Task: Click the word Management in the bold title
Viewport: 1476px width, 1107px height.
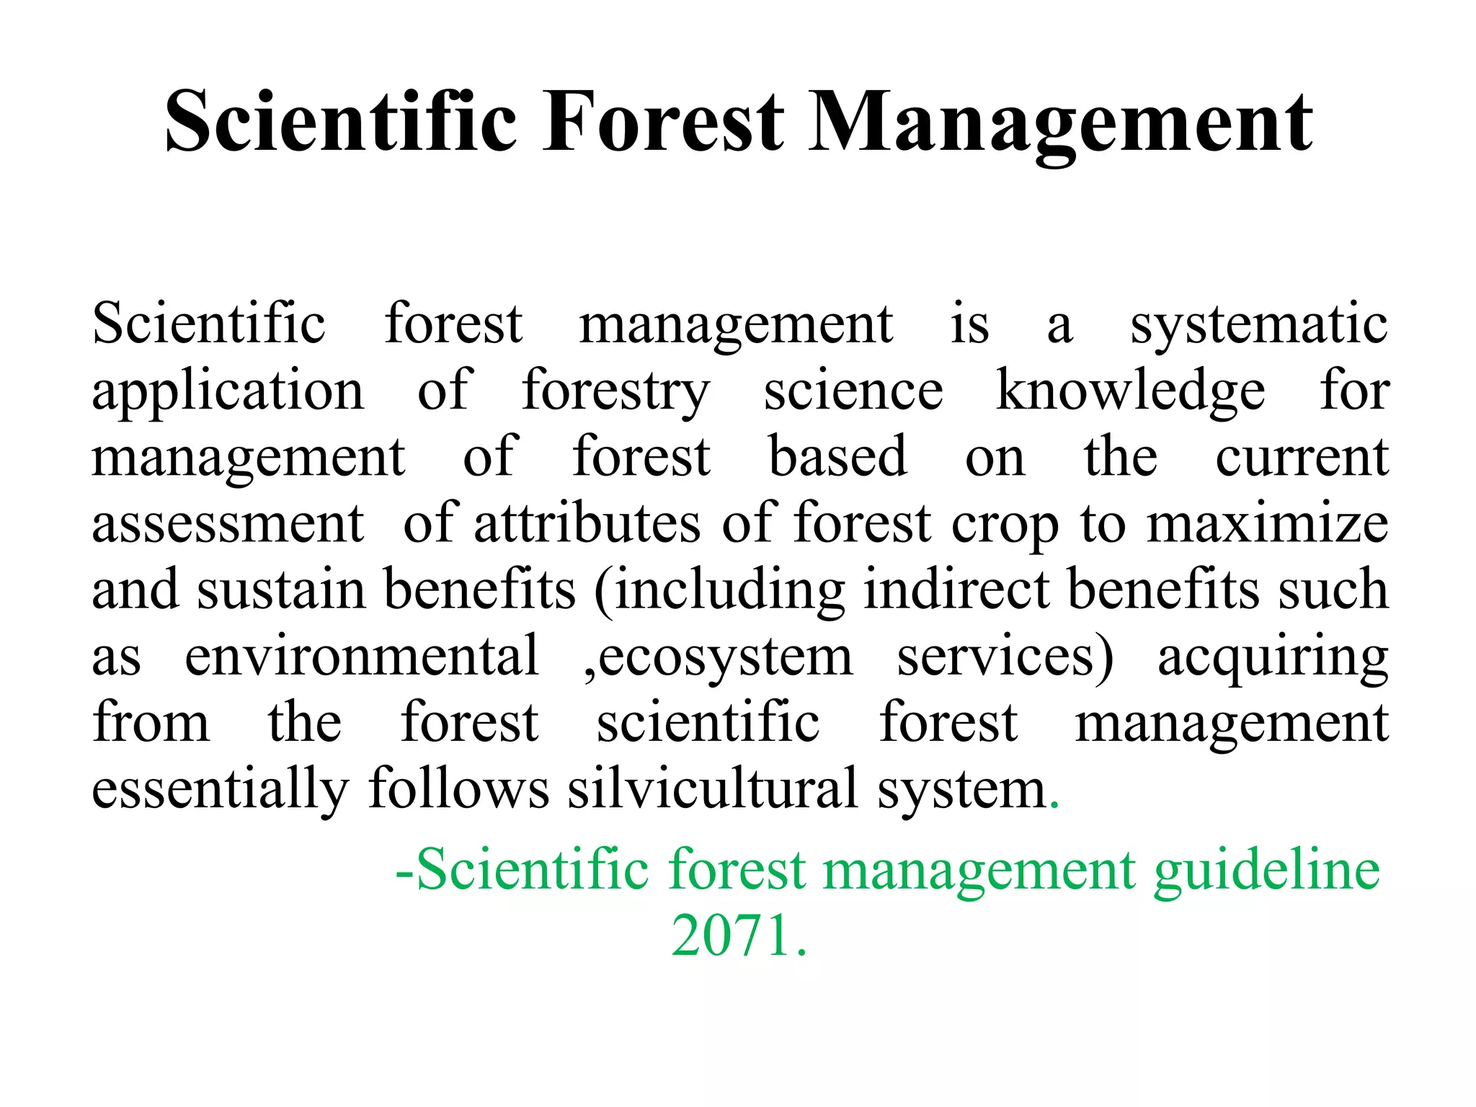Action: click(1060, 123)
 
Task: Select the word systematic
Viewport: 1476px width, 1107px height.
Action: click(1258, 324)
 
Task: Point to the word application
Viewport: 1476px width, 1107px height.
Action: click(228, 391)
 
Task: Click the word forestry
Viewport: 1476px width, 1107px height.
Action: click(615, 391)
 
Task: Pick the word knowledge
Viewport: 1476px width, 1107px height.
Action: click(1130, 391)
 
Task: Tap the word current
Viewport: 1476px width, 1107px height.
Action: click(1302, 457)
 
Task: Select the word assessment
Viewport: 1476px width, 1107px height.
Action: click(228, 523)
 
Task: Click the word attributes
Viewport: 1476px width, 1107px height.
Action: click(587, 523)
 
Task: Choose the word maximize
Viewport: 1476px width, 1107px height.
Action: click(1268, 523)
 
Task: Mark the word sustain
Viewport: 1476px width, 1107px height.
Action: click(281, 590)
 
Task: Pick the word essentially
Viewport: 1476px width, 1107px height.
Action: click(221, 789)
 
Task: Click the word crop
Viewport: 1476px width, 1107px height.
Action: click(1005, 525)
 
